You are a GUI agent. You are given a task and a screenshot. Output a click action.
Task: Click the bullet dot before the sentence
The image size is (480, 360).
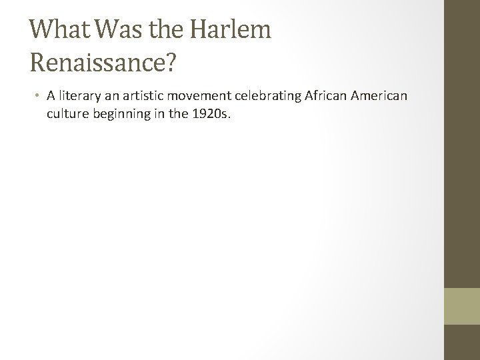37,96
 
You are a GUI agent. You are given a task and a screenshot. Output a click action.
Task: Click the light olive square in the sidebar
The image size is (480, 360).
462,306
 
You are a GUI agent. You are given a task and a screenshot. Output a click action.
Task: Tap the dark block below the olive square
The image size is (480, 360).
462,342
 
